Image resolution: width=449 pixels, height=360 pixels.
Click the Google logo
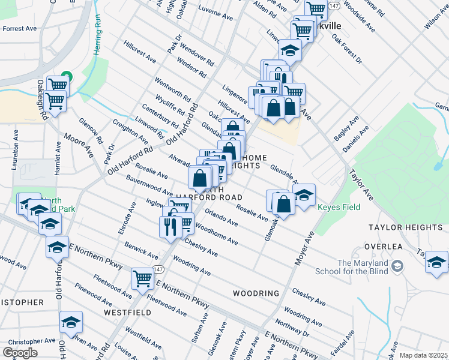click(x=20, y=353)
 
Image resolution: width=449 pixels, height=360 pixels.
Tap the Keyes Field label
click(x=339, y=208)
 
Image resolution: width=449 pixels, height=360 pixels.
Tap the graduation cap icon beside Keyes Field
click(x=304, y=194)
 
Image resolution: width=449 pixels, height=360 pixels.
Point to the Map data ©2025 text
click(x=424, y=355)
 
